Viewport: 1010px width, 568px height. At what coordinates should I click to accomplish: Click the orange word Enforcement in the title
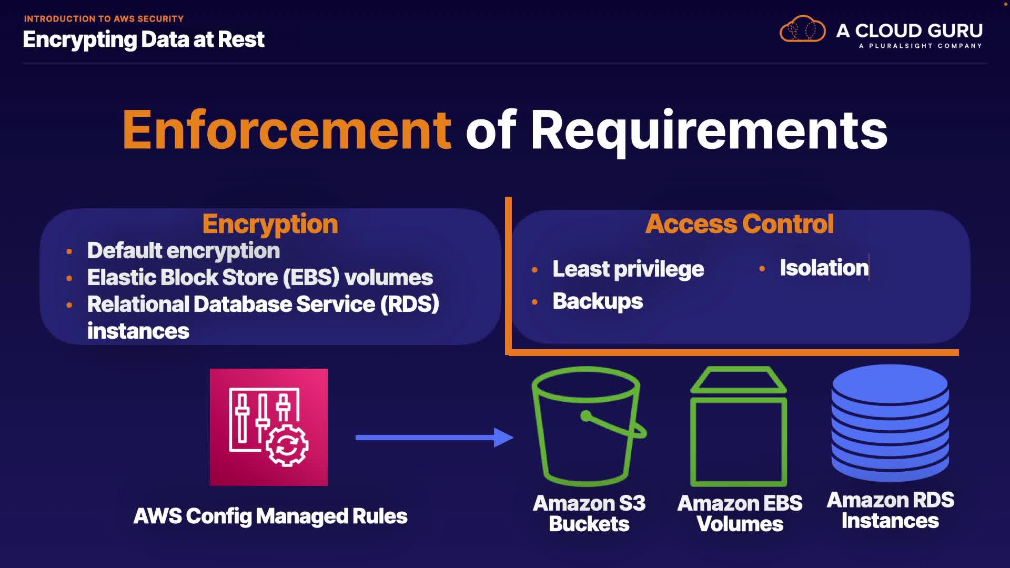pyautogui.click(x=287, y=130)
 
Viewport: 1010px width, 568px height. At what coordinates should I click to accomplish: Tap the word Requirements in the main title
pyautogui.click(x=709, y=130)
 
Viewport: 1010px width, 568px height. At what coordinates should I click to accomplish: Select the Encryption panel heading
pyautogui.click(x=270, y=224)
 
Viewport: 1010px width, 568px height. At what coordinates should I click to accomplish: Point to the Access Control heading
pyautogui.click(x=739, y=224)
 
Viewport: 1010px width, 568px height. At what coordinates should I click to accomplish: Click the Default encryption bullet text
pyautogui.click(x=183, y=251)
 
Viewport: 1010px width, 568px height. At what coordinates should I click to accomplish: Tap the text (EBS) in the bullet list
pyautogui.click(x=311, y=277)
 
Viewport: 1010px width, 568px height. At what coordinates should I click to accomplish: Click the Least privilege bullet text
pyautogui.click(x=628, y=269)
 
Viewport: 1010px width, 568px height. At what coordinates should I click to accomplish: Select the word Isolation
pyautogui.click(x=824, y=268)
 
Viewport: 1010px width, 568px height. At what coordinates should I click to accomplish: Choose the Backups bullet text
pyautogui.click(x=598, y=301)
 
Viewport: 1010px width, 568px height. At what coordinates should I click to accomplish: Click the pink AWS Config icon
pyautogui.click(x=268, y=427)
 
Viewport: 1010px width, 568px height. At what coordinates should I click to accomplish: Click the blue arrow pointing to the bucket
pyautogui.click(x=434, y=437)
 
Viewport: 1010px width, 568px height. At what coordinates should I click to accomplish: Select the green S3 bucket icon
pyautogui.click(x=588, y=426)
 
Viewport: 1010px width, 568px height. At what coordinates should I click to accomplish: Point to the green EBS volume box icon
pyautogui.click(x=739, y=427)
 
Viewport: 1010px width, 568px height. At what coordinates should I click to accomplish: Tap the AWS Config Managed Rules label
pyautogui.click(x=270, y=516)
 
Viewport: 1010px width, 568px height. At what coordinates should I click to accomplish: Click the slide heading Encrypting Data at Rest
pyautogui.click(x=143, y=39)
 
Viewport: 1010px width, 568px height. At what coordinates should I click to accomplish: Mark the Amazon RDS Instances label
pyautogui.click(x=890, y=510)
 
